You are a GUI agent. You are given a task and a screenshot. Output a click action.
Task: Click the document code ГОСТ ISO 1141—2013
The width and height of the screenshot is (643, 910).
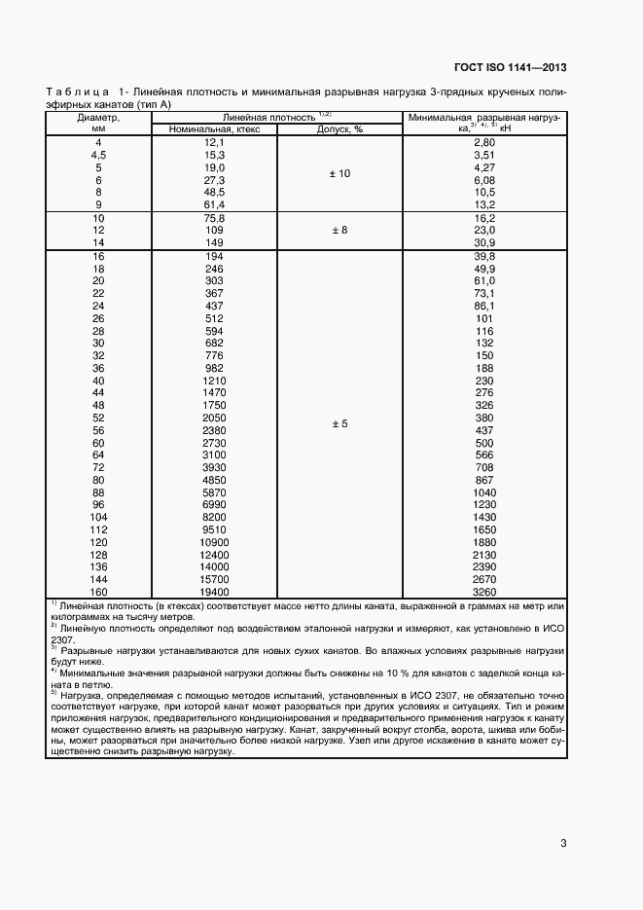pyautogui.click(x=510, y=67)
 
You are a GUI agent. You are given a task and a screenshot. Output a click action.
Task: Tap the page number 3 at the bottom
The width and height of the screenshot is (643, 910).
pyautogui.click(x=563, y=843)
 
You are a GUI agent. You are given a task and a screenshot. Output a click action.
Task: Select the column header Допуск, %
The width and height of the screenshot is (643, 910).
pyautogui.click(x=339, y=128)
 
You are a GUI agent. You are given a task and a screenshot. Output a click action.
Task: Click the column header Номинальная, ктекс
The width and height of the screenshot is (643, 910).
pyautogui.click(x=214, y=128)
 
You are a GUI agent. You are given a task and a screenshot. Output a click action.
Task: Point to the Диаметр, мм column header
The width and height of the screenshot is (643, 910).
pyautogui.click(x=97, y=122)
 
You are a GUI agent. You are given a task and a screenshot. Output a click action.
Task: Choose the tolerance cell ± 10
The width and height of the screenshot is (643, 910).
pyautogui.click(x=339, y=173)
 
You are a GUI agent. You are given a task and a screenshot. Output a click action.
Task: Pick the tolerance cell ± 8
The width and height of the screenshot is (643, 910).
pyautogui.click(x=339, y=230)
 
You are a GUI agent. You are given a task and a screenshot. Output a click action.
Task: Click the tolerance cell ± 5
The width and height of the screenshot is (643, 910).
pyautogui.click(x=339, y=424)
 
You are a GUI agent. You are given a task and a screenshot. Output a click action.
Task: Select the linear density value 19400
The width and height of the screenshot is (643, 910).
pyautogui.click(x=214, y=592)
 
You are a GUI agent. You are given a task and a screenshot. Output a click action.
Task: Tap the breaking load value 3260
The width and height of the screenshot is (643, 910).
pyautogui.click(x=483, y=592)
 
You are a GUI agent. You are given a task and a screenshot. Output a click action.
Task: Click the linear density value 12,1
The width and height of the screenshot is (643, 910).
pyautogui.click(x=214, y=142)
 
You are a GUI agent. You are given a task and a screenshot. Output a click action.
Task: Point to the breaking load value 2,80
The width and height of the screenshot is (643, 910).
pyautogui.click(x=483, y=142)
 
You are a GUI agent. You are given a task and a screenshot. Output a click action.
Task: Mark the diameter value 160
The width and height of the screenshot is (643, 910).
pyautogui.click(x=97, y=592)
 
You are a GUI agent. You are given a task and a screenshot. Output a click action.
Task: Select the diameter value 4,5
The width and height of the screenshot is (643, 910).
pyautogui.click(x=97, y=155)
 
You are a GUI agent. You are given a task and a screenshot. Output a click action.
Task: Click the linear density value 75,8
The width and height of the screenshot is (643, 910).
pyautogui.click(x=214, y=218)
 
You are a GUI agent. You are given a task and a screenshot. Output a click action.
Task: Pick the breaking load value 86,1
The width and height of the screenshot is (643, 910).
pyautogui.click(x=483, y=306)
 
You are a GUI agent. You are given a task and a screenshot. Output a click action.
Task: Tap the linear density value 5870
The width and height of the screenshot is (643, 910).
pyautogui.click(x=214, y=492)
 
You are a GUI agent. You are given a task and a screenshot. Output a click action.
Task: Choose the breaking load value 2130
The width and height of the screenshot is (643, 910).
pyautogui.click(x=483, y=555)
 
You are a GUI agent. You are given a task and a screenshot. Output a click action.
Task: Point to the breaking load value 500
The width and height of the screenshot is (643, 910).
pyautogui.click(x=483, y=442)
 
